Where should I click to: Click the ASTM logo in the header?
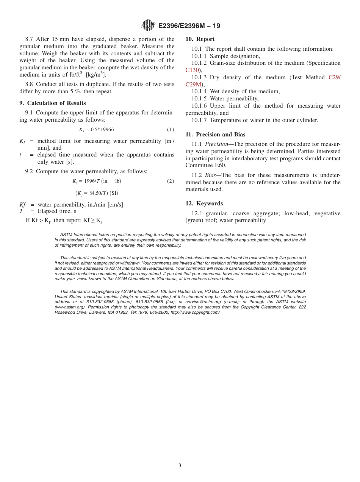pos(148,25)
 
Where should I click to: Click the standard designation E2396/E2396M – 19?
pos(189,26)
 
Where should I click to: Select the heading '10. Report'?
pos(200,39)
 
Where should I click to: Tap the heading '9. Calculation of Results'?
pos(53,103)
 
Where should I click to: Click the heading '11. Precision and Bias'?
pos(215,135)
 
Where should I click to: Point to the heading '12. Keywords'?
pos(204,203)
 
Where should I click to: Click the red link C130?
pos(193,70)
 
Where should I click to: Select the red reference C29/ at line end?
pos(334,77)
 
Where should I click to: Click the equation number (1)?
pos(171,130)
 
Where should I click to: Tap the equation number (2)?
pos(171,181)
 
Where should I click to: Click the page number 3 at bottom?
pos(180,465)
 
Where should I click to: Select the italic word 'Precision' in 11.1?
pos(218,144)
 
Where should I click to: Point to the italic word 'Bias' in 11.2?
pos(212,175)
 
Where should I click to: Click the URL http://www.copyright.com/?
pos(195,312)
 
